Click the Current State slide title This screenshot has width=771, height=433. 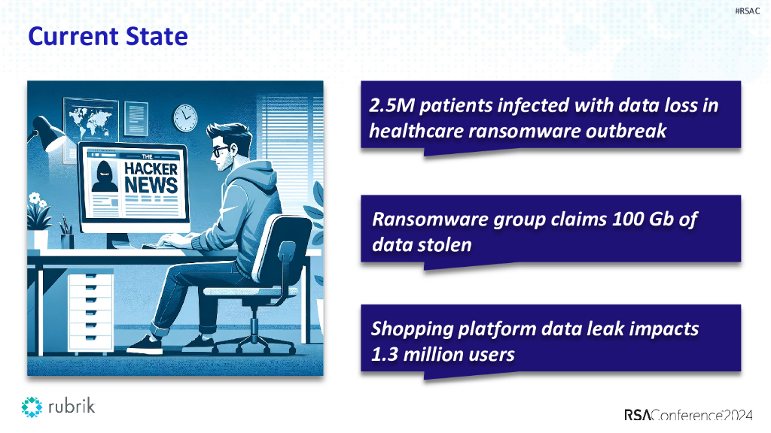(x=108, y=35)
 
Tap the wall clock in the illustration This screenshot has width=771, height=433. (x=184, y=116)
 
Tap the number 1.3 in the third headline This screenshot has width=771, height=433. (x=383, y=354)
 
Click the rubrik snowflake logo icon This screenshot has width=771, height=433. (x=32, y=407)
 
